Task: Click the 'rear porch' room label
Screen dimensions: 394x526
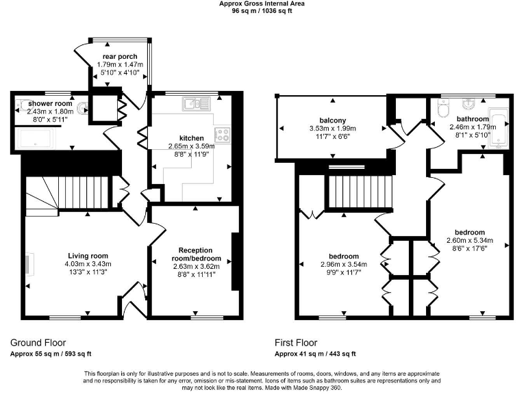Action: tap(120, 56)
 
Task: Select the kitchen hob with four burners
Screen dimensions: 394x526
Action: tap(222, 133)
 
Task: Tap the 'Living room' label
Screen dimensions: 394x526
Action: tap(88, 254)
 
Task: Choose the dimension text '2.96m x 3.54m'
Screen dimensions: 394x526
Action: tap(343, 265)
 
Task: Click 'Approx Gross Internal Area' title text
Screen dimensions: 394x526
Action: tap(262, 3)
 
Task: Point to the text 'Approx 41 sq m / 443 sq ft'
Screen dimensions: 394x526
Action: tap(316, 354)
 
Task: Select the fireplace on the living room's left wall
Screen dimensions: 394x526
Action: tap(28, 264)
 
